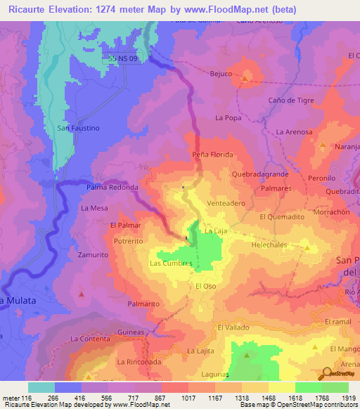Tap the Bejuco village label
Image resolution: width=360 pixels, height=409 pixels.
pyautogui.click(x=221, y=73)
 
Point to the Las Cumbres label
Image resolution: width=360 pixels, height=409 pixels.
pyautogui.click(x=171, y=264)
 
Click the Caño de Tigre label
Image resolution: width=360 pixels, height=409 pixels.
pyautogui.click(x=290, y=100)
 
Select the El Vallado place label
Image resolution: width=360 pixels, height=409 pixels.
pyautogui.click(x=234, y=327)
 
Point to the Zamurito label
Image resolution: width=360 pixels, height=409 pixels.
pyautogui.click(x=92, y=254)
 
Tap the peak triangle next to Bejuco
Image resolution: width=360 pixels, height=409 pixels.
pyautogui.click(x=244, y=79)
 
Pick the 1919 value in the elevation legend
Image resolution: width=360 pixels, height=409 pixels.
pyautogui.click(x=349, y=398)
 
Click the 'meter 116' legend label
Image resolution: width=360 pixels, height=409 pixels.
pyautogui.click(x=15, y=398)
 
